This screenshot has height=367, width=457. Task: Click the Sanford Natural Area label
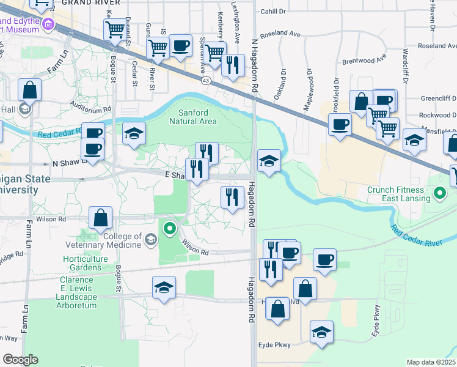(x=197, y=117)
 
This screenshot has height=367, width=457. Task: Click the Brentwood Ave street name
(x=365, y=61)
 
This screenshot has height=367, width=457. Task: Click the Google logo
(x=20, y=360)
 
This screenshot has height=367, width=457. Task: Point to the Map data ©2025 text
(x=431, y=362)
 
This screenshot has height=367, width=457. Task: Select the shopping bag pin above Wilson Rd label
(x=100, y=218)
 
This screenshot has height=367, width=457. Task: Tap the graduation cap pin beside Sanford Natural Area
(x=134, y=134)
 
